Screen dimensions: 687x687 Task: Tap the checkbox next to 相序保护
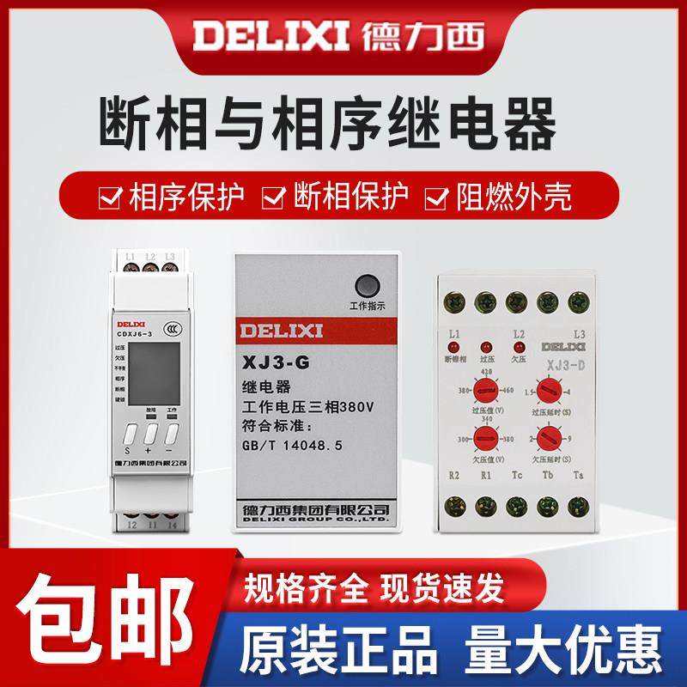tap(111, 197)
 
